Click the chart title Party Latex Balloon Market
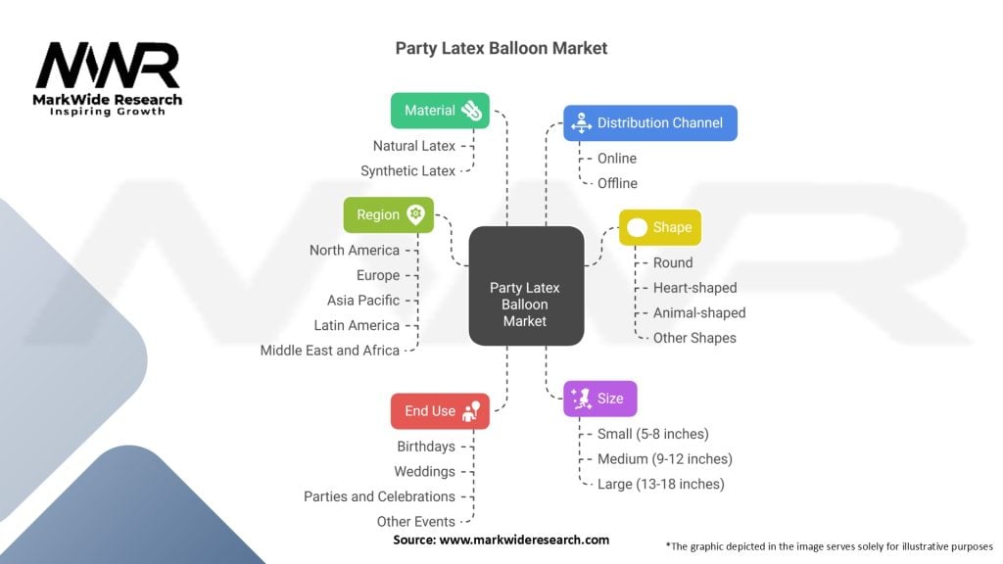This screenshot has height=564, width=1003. click(501, 48)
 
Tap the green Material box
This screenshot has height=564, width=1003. click(440, 111)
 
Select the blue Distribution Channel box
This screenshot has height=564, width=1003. click(649, 123)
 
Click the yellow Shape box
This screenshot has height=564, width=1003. click(660, 227)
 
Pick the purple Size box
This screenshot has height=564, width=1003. click(600, 399)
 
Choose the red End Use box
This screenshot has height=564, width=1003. click(440, 411)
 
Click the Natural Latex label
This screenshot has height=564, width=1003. click(414, 146)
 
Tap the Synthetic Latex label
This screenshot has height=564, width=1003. click(407, 171)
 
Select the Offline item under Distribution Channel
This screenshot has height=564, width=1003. click(617, 183)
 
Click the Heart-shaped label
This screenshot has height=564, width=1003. click(694, 288)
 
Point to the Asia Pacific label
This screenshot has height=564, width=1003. click(363, 301)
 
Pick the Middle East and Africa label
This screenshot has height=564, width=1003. click(330, 351)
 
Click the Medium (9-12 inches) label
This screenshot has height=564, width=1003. click(665, 458)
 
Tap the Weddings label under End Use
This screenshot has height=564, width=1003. click(425, 472)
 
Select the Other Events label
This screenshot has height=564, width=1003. click(416, 522)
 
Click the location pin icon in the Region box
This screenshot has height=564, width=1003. click(416, 214)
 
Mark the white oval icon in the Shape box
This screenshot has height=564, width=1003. click(638, 227)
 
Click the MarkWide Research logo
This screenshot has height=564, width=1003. click(108, 78)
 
